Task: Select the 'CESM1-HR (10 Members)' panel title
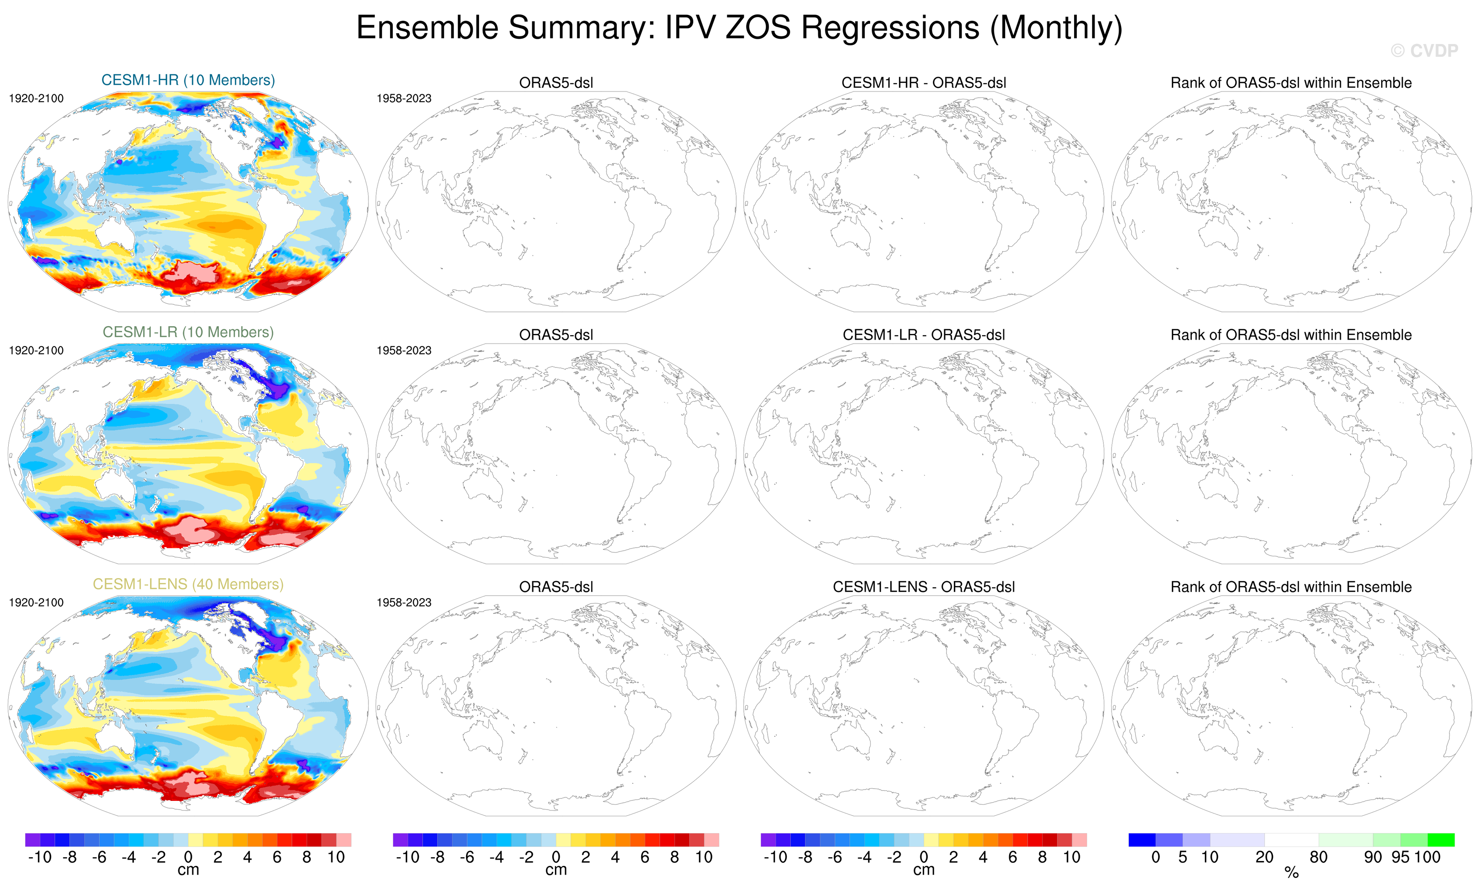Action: point(188,80)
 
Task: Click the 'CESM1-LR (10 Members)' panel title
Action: point(188,332)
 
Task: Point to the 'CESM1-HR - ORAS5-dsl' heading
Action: point(923,83)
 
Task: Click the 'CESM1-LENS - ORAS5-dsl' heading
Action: point(923,587)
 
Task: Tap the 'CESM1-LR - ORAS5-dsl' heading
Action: point(923,334)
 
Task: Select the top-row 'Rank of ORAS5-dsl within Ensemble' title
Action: point(1291,83)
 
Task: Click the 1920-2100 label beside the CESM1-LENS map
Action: point(36,603)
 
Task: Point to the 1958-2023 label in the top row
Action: point(404,99)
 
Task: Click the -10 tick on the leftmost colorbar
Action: point(40,857)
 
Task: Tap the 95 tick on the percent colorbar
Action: point(1400,857)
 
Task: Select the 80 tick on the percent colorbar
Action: point(1318,857)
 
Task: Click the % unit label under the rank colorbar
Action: point(1291,873)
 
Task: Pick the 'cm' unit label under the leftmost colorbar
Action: point(188,870)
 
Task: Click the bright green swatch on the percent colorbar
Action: point(1440,840)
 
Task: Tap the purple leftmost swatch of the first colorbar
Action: point(32,840)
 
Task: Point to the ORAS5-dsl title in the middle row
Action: point(556,334)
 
